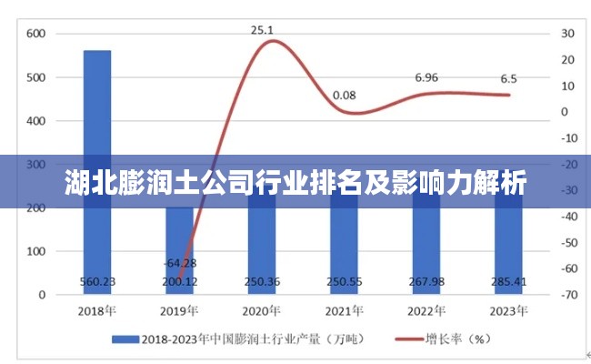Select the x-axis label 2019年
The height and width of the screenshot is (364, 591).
coord(179,311)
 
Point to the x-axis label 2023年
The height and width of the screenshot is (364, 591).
coord(508,311)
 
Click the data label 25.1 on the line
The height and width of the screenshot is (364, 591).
coord(262,30)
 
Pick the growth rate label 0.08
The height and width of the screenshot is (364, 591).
coord(344,95)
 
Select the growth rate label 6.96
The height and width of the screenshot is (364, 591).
coord(426,77)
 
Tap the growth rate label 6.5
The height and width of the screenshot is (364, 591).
coord(509,78)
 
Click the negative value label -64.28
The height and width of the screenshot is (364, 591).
coord(179,264)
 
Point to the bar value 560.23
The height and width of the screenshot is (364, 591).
coord(97,281)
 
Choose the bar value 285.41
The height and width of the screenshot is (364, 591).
coord(509,281)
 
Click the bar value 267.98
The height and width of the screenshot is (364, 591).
coord(426,281)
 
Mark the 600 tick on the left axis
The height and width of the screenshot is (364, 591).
coord(35,34)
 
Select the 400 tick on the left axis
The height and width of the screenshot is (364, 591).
coord(35,121)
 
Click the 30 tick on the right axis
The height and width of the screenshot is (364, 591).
coord(568,34)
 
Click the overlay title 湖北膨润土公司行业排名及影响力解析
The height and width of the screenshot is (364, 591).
coord(295,183)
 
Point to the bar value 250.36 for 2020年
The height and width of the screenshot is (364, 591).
coord(262,281)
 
